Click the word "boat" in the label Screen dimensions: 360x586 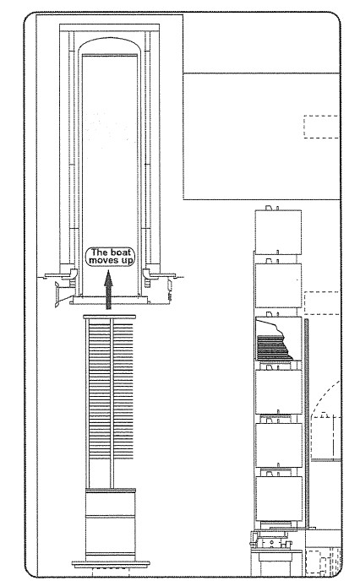coord(121,252)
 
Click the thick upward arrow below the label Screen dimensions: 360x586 coord(108,290)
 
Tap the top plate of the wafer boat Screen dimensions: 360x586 coord(109,317)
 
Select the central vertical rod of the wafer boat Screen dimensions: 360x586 coord(112,404)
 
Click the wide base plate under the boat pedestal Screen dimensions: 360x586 coord(111,563)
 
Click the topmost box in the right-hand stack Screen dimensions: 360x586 coord(278,231)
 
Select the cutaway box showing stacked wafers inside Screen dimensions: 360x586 coord(278,339)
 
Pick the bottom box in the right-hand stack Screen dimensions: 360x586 coord(278,498)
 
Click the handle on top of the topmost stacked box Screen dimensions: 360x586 coord(270,208)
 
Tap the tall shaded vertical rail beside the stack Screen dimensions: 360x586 coord(307,423)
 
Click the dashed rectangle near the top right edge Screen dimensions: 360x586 coord(321,127)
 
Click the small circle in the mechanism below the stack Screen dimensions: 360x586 coord(273,541)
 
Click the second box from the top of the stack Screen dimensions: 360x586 coord(278,285)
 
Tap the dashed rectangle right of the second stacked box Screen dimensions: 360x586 coord(321,303)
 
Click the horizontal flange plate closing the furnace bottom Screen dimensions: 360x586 coord(109,301)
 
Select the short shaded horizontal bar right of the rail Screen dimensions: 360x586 coord(325,460)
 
